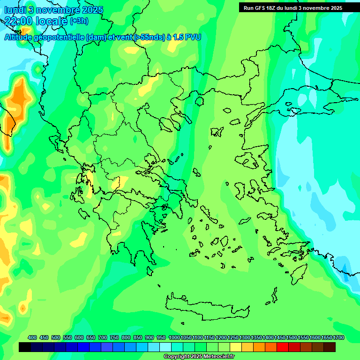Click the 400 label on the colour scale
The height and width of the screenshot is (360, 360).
32,337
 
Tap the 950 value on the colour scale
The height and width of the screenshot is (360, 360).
161,337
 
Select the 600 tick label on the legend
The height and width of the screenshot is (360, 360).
79,337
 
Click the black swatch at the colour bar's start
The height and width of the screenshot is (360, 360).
25,347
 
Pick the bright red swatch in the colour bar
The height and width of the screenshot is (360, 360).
283,347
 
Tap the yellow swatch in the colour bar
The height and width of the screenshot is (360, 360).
236,347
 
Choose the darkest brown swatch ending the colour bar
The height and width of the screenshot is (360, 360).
330,347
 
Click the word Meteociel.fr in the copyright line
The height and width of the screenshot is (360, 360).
216,357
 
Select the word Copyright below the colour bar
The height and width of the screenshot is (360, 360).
176,357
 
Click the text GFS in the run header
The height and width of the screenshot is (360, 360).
261,8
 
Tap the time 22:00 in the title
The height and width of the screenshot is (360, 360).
19,20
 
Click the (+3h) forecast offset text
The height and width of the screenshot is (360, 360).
79,21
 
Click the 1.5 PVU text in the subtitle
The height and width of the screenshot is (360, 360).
187,37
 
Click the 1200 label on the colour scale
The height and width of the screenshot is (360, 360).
221,337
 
